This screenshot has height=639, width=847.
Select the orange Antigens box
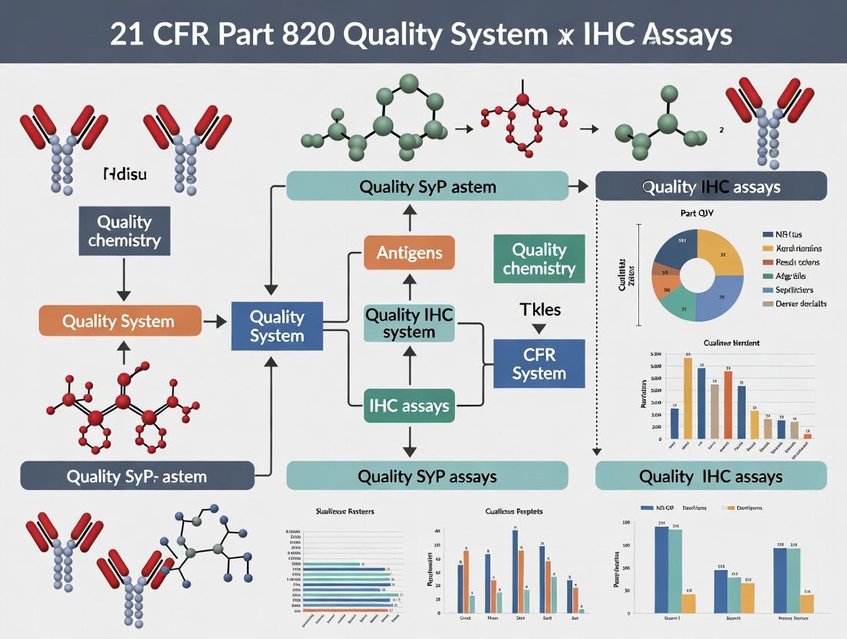[409, 253]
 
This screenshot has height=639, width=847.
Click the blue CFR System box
[539, 364]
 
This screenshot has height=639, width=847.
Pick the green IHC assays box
[409, 405]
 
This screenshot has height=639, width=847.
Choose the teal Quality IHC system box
[409, 323]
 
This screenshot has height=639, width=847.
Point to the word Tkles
[540, 310]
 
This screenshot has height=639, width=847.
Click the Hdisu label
[124, 174]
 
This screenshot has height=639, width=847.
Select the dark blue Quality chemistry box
[124, 231]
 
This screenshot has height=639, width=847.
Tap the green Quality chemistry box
[539, 259]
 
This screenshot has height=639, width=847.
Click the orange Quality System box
[120, 321]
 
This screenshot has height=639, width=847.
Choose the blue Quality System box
[277, 326]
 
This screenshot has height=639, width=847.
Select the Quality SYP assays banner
[427, 476]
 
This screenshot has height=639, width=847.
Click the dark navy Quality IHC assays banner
[710, 187]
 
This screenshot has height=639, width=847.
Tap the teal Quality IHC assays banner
[710, 476]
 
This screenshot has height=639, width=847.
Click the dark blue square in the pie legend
[768, 234]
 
